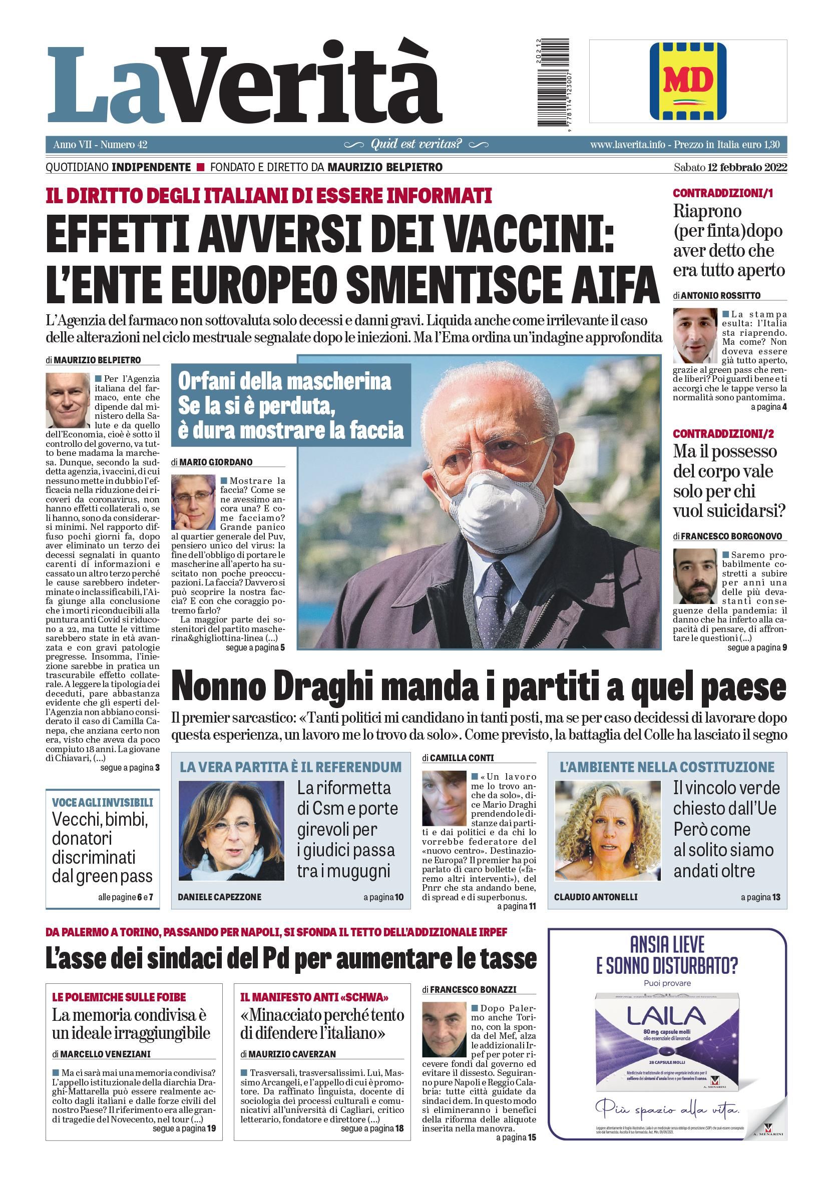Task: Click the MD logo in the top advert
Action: tap(688, 81)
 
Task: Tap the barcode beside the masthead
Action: tap(553, 83)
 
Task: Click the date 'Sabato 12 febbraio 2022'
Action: tap(730, 167)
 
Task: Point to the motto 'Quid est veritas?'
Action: tap(416, 144)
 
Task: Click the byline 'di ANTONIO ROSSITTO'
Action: tap(716, 295)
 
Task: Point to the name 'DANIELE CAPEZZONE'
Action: tap(219, 897)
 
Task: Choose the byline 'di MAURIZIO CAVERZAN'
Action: tap(288, 1054)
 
